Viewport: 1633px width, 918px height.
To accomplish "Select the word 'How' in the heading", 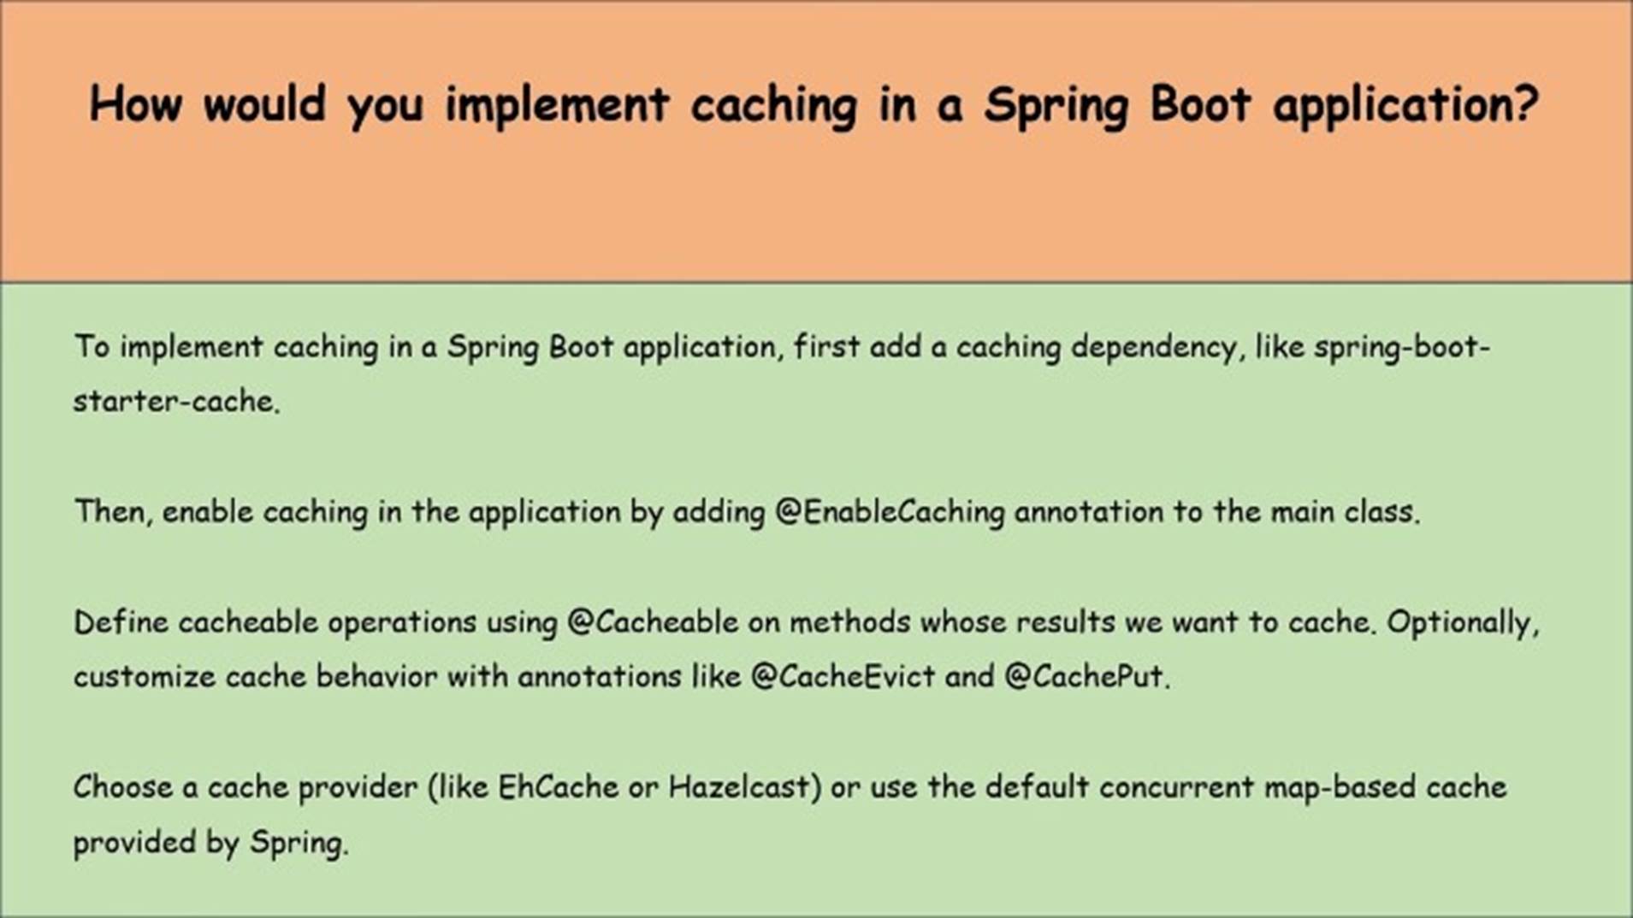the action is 136,104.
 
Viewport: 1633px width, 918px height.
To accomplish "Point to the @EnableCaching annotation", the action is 890,512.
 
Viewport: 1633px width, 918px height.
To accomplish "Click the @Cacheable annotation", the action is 653,621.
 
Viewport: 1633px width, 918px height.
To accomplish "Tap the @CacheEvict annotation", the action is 843,676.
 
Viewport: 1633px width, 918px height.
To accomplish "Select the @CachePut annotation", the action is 1084,676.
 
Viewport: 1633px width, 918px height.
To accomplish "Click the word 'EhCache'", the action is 558,786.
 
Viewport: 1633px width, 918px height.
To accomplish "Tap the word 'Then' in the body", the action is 108,512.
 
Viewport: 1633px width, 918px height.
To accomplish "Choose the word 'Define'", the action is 121,621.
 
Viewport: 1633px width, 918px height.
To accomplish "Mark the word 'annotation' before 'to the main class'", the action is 1089,512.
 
